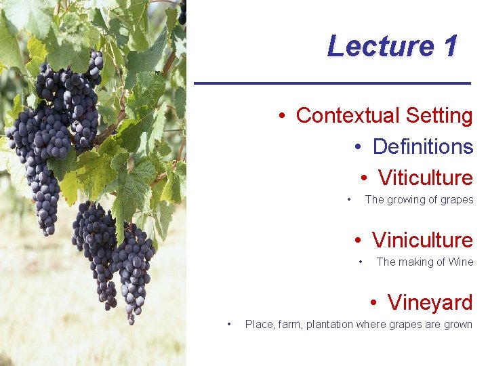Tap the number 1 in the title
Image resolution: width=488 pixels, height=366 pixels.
click(449, 46)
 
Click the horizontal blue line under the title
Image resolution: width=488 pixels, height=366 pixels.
click(332, 83)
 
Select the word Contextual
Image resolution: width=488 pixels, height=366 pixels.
click(348, 115)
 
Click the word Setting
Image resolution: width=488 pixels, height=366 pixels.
click(439, 115)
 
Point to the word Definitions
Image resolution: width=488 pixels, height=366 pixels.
click(422, 146)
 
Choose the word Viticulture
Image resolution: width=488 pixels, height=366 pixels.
click(425, 178)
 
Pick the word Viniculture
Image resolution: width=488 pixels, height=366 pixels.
click(422, 240)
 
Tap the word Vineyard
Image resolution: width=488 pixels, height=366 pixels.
click(430, 302)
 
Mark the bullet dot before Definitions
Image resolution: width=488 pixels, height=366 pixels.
click(359, 147)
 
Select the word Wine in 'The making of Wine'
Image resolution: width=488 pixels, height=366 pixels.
click(461, 262)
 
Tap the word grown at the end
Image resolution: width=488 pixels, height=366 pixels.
click(457, 325)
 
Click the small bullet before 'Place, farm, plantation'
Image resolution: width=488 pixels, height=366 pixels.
click(230, 324)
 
